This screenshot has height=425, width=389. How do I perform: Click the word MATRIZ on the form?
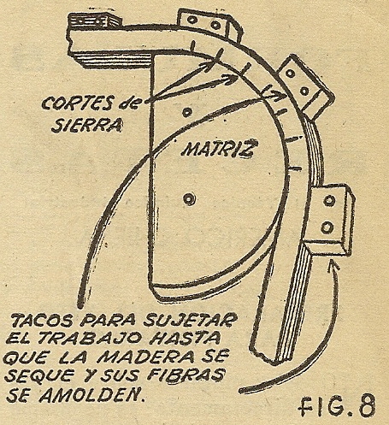point(218,149)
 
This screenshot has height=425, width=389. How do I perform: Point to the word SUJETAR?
point(190,320)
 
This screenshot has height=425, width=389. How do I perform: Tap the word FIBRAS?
point(185,375)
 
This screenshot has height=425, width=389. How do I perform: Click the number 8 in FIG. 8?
point(367,405)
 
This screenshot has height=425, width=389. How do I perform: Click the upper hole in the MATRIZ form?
point(187,112)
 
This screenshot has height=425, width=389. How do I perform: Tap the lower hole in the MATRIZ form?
point(189,198)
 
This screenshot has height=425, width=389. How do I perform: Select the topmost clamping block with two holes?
point(209,24)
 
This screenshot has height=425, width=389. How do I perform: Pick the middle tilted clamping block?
point(305,85)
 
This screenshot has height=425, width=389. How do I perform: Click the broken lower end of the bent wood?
point(263,357)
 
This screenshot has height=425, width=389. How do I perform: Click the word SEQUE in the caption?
point(38,375)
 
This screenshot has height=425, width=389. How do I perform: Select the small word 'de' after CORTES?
point(129,103)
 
